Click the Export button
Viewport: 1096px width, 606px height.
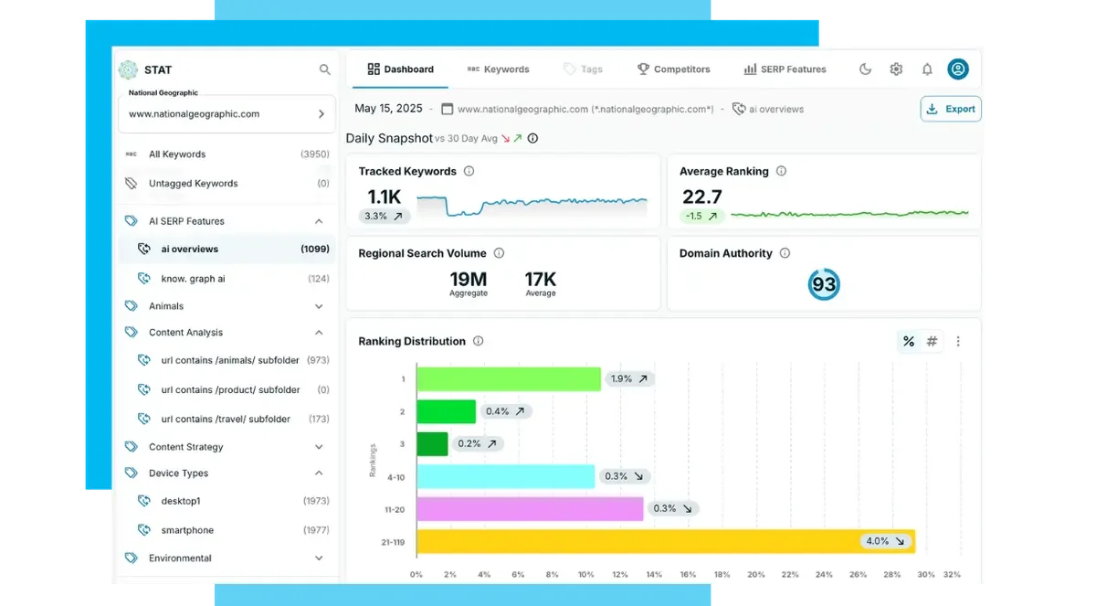pos(951,109)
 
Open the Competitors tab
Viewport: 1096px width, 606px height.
pos(673,69)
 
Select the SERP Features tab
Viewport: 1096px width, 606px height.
pos(785,69)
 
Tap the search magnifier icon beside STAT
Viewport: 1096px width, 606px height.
pos(324,69)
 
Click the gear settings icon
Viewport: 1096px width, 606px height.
pos(896,69)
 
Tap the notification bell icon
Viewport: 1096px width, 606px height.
pos(927,69)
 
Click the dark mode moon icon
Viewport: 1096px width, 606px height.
pos(866,69)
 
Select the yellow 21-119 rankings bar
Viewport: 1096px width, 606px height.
pos(665,541)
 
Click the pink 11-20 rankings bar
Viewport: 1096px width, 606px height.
pos(530,509)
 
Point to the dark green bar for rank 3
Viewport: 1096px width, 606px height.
pos(432,444)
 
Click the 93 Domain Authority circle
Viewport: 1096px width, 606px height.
pos(824,284)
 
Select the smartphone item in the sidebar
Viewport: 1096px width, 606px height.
pos(187,530)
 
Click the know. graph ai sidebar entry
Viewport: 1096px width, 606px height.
pos(193,279)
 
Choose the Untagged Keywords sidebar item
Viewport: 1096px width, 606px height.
pos(193,184)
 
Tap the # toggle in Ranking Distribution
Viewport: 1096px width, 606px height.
pos(932,341)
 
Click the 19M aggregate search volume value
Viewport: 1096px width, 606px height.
pos(468,279)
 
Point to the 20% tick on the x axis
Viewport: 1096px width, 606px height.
pos(756,575)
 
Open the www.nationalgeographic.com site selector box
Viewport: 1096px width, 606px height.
pos(227,114)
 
